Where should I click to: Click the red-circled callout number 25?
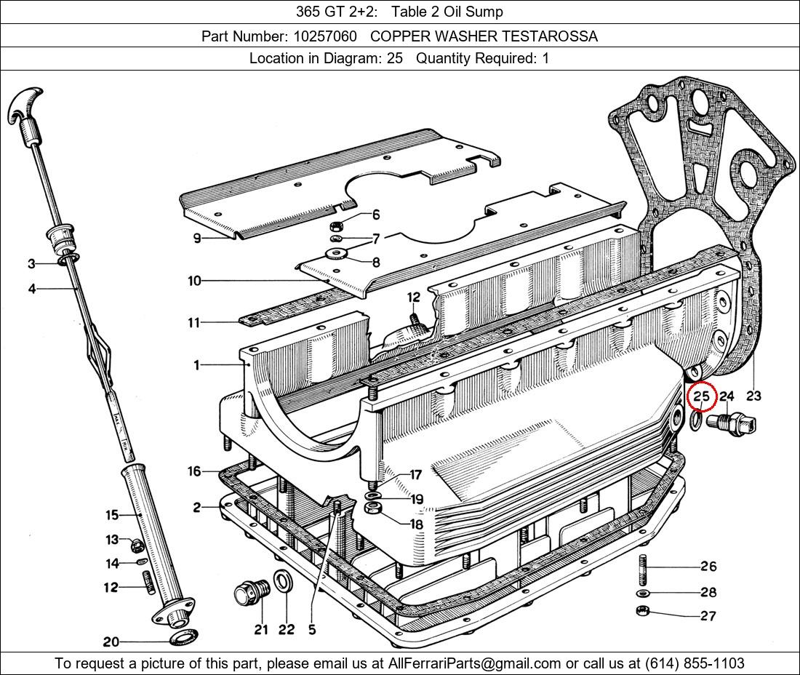701,396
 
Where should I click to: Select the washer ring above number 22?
283,582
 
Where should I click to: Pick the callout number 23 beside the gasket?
753,396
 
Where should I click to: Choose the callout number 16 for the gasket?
193,471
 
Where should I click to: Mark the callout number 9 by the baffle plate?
197,238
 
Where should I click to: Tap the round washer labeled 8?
336,254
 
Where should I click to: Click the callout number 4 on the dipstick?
32,289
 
